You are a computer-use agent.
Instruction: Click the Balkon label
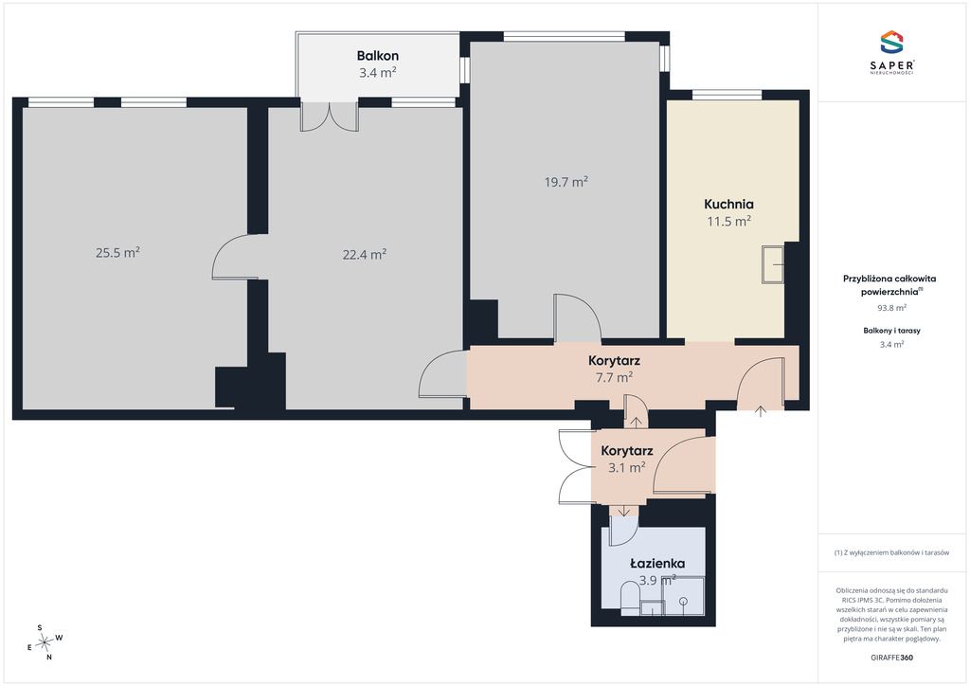pyautogui.click(x=377, y=56)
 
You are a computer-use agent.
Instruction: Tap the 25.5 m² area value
pyautogui.click(x=117, y=252)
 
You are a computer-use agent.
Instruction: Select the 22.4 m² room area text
pyautogui.click(x=365, y=254)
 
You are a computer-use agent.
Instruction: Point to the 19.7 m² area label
pyautogui.click(x=566, y=182)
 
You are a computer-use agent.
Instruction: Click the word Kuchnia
pyautogui.click(x=728, y=204)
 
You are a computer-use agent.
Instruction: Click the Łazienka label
pyautogui.click(x=657, y=564)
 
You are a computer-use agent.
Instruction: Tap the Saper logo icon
pyautogui.click(x=891, y=42)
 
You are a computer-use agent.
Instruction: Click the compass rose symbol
pyautogui.click(x=45, y=643)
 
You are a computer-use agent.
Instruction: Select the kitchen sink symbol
pyautogui.click(x=773, y=264)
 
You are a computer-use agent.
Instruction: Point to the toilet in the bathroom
pyautogui.click(x=630, y=602)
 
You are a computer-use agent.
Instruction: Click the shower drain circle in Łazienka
pyautogui.click(x=683, y=602)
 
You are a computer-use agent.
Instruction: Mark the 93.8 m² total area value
pyautogui.click(x=891, y=307)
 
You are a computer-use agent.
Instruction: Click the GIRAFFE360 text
pyautogui.click(x=891, y=658)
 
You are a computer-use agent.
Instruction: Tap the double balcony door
pyautogui.click(x=329, y=117)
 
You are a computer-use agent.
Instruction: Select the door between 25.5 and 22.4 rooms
pyautogui.click(x=237, y=257)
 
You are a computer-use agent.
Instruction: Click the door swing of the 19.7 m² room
pyautogui.click(x=578, y=317)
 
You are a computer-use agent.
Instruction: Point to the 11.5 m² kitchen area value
pyautogui.click(x=728, y=221)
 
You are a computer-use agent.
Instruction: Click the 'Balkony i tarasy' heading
pyautogui.click(x=891, y=331)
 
